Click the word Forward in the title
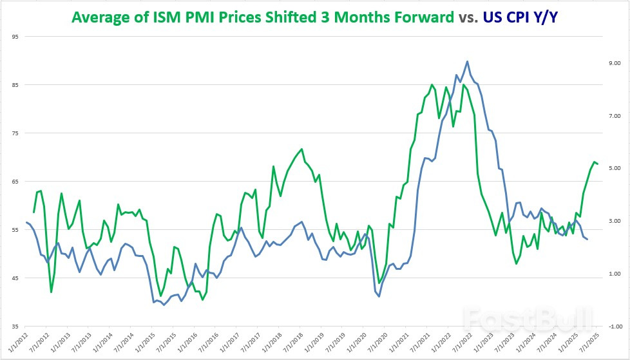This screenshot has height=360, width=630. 422,17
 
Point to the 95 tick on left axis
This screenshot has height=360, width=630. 15,36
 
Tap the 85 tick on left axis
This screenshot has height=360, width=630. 15,84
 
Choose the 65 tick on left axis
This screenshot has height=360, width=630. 15,182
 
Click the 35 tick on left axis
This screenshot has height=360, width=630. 15,326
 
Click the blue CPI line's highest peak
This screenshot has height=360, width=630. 467,62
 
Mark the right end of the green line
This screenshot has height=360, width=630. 598,164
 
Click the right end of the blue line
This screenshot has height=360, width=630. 587,240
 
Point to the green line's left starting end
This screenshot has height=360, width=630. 33,212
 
